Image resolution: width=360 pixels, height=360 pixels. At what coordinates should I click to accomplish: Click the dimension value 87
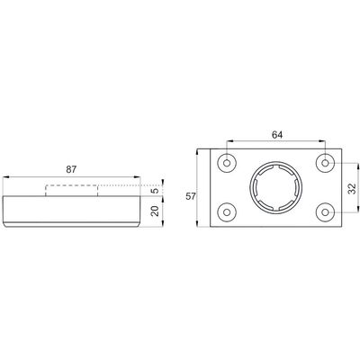(71, 169)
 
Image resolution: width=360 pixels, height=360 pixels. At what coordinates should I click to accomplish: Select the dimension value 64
(277, 135)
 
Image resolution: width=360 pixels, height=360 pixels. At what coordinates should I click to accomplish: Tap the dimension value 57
(191, 196)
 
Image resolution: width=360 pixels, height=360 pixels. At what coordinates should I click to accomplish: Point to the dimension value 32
(353, 188)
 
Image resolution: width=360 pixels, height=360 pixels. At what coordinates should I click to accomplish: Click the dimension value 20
(155, 211)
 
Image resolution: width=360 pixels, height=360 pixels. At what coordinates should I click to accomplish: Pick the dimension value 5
(155, 191)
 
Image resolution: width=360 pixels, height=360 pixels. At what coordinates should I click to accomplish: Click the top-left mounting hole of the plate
(227, 163)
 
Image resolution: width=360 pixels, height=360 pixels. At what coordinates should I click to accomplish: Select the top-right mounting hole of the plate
(326, 163)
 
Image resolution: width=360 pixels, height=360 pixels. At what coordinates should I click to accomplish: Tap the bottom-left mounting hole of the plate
(227, 212)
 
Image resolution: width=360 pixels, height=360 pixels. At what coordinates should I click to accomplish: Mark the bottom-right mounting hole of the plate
(326, 212)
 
